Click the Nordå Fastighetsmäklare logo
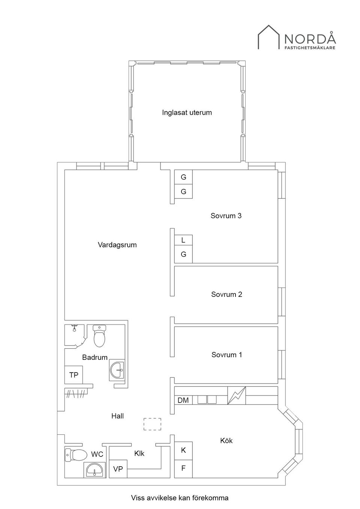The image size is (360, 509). click(x=296, y=37)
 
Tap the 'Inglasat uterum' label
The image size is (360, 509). click(x=187, y=112)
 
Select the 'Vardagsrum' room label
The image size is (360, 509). click(x=117, y=245)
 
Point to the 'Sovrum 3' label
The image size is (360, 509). click(x=226, y=216)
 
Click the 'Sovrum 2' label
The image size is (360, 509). click(x=226, y=294)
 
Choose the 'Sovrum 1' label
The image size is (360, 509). click(x=226, y=355)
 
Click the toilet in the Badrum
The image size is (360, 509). click(x=99, y=336)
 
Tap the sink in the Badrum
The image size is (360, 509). click(x=117, y=370)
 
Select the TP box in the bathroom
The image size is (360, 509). click(x=73, y=375)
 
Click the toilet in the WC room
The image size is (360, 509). click(x=75, y=455)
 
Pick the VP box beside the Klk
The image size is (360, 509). click(x=118, y=469)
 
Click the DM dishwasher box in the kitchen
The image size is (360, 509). click(x=183, y=400)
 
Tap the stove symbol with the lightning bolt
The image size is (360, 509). click(x=237, y=395)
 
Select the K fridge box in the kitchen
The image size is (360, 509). click(x=183, y=451)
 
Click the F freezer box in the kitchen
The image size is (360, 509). click(x=183, y=469)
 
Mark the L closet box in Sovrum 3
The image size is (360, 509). click(x=183, y=240)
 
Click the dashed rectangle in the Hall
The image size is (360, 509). click(x=152, y=424)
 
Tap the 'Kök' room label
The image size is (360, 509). click(x=226, y=440)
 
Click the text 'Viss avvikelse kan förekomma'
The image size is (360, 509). click(x=180, y=498)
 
